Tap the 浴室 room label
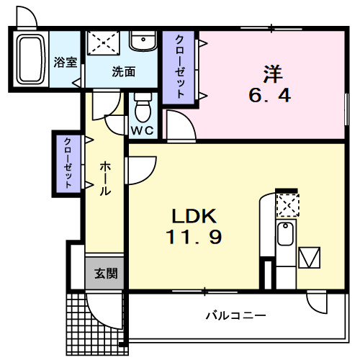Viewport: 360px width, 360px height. coord(66,62)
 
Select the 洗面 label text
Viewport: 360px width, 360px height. coord(123,71)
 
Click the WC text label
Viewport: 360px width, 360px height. coord(142,131)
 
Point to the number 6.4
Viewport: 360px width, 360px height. coord(271,95)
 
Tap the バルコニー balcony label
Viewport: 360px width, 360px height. coord(236,315)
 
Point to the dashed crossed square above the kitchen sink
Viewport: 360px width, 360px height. coord(287,205)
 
